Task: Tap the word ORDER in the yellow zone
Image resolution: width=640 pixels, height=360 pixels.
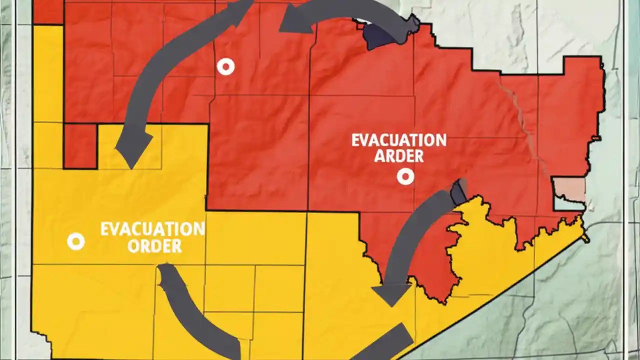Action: click(x=154, y=246)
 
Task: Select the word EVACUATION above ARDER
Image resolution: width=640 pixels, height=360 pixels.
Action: click(x=398, y=140)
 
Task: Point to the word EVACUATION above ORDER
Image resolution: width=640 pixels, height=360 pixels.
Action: click(x=152, y=229)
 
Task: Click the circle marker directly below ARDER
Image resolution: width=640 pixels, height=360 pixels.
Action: click(x=405, y=176)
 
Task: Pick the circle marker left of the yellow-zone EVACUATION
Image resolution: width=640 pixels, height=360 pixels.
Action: click(x=76, y=242)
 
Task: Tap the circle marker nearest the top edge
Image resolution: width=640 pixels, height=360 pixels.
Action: click(x=226, y=66)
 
